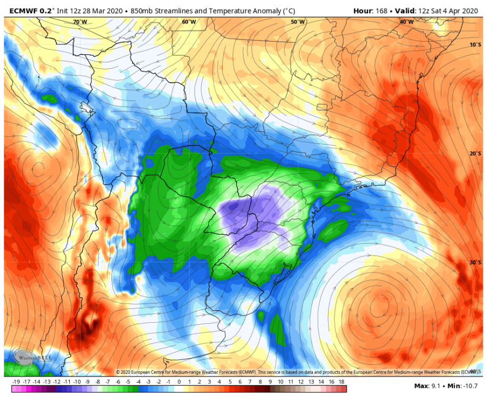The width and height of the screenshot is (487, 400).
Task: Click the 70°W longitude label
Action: (x=80, y=22)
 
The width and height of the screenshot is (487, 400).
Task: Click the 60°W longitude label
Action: (x=189, y=22)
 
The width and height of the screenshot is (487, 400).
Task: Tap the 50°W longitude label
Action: (x=298, y=22)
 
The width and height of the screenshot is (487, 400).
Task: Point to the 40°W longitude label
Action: (x=407, y=22)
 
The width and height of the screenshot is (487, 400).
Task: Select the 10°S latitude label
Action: (x=475, y=45)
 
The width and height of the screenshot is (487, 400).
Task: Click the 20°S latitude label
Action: (x=475, y=154)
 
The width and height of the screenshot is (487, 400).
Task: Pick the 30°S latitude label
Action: (x=475, y=262)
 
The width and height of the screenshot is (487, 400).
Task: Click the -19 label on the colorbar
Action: (x=15, y=382)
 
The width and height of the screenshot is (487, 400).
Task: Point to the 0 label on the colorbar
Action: (x=179, y=382)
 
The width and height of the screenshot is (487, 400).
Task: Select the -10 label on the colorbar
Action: (x=78, y=382)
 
